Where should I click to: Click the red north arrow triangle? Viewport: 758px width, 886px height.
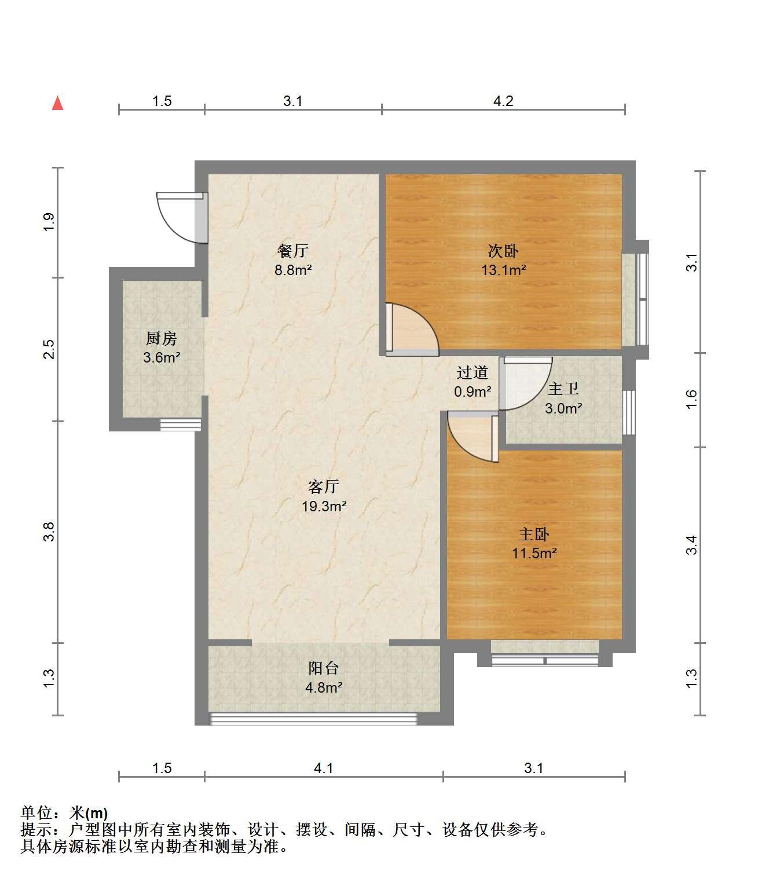(x=57, y=103)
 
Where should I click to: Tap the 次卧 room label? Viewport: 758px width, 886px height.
(x=503, y=251)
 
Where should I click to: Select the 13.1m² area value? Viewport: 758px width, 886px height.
(x=503, y=270)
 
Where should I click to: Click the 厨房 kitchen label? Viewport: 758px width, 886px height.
(x=161, y=339)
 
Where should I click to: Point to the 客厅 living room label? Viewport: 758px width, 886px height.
(x=324, y=486)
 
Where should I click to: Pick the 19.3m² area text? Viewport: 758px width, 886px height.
(x=324, y=506)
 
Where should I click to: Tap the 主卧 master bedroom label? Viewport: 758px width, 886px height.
(x=534, y=534)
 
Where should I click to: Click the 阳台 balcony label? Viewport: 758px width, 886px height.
(x=324, y=668)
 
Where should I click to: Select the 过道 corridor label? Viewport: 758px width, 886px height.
(x=472, y=372)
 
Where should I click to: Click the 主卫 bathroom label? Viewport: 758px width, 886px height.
(x=563, y=389)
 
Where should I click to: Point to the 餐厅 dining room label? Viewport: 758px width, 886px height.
(x=293, y=251)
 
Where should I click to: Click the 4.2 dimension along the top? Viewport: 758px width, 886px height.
(x=503, y=101)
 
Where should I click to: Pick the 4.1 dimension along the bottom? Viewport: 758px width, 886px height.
(x=324, y=768)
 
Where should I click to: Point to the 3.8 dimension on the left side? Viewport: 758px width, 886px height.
(x=49, y=532)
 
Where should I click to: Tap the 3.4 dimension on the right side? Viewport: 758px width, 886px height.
(x=691, y=545)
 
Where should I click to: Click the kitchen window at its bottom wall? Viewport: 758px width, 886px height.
(x=181, y=424)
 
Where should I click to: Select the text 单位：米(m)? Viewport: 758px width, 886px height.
(x=64, y=813)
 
